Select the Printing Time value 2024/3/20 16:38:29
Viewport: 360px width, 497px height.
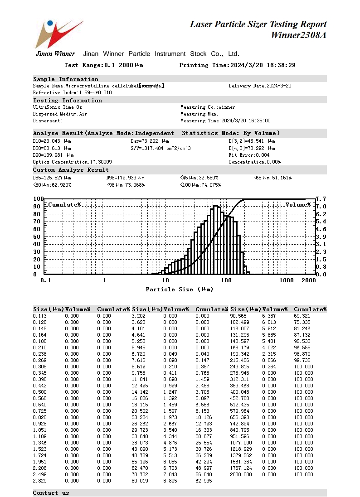[263, 65]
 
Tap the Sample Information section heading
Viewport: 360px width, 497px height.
[66, 79]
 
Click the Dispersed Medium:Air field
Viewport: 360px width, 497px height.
[60, 114]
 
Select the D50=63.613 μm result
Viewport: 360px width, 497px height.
[52, 148]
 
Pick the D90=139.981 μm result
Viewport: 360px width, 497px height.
[53, 155]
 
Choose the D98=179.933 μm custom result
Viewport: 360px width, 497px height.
[125, 178]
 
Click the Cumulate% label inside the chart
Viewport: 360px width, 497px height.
[64, 205]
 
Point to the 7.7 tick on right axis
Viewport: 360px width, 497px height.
[321, 199]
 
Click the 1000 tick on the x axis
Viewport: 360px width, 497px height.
[287, 280]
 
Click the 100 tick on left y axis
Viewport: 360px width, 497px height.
[39, 199]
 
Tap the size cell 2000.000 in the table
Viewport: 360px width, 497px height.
[241, 475]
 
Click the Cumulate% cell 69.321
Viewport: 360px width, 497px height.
[303, 316]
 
